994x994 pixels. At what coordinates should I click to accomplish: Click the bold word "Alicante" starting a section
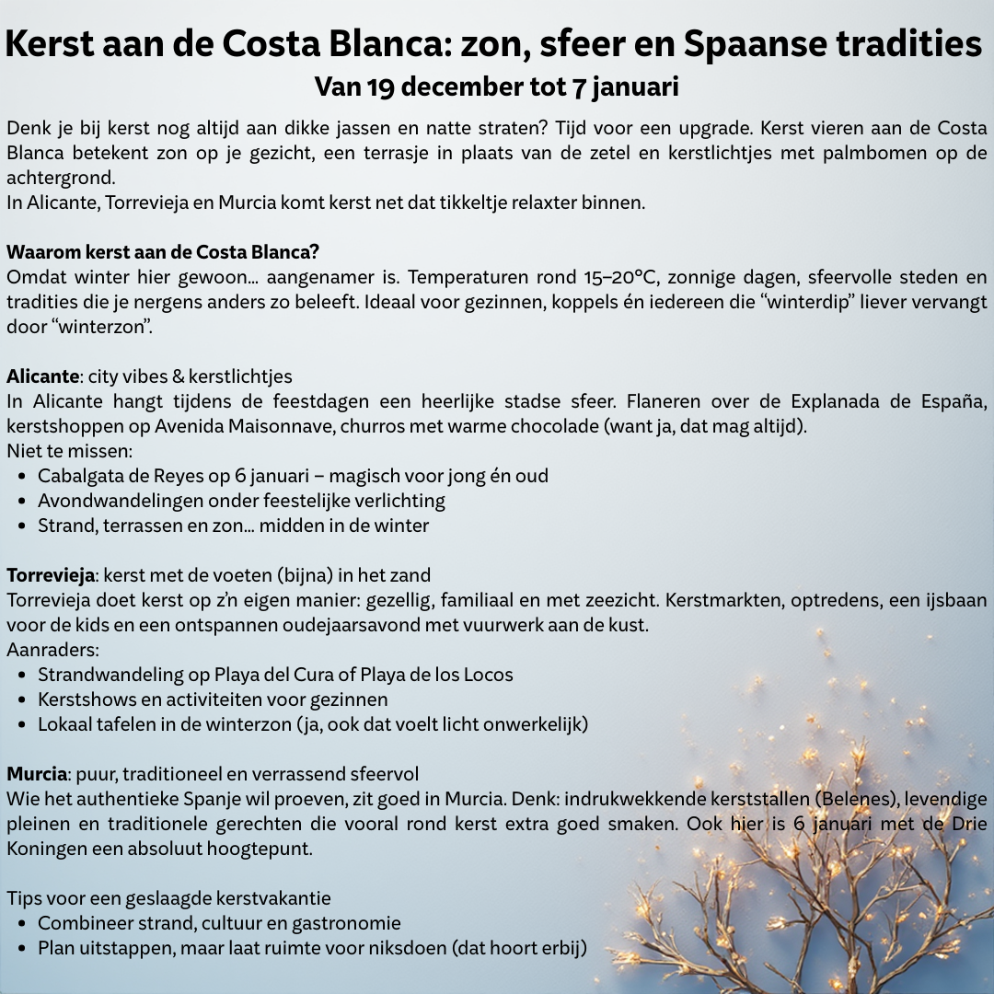(42, 376)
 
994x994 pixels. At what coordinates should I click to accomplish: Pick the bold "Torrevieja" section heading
(52, 576)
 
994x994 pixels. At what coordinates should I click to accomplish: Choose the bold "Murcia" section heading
(37, 774)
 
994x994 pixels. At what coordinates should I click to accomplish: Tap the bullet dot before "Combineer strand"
(22, 923)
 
